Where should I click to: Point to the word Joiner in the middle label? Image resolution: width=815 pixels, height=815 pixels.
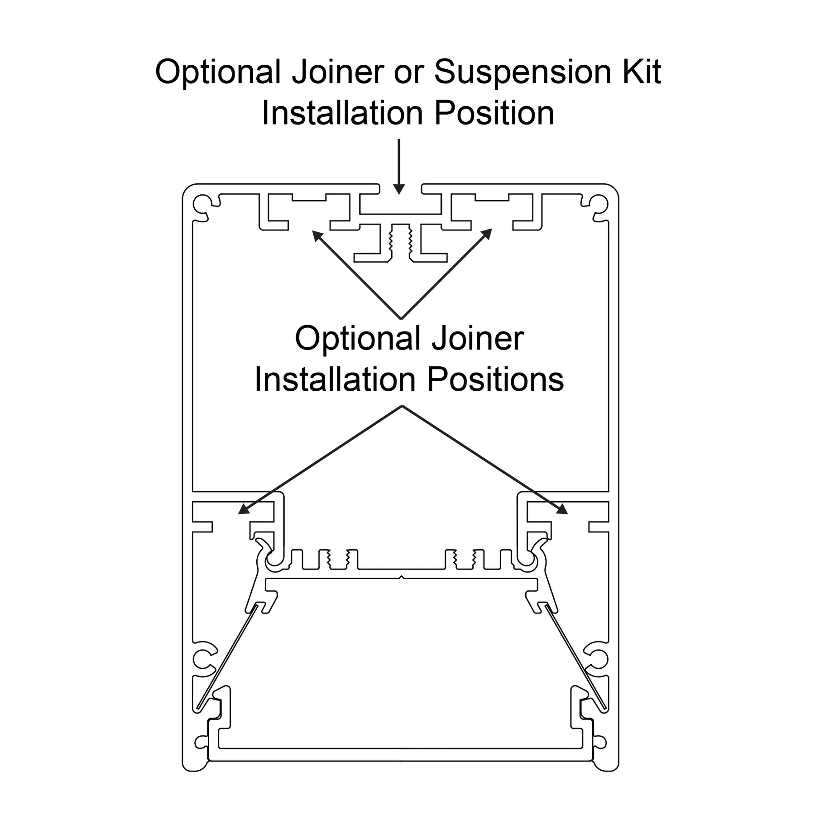pos(478,338)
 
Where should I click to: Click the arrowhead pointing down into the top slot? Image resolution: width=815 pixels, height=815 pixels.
pos(398,189)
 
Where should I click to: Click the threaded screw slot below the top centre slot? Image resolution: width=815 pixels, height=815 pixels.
pos(400,242)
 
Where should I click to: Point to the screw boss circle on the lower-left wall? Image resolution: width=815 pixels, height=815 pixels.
pos(201,657)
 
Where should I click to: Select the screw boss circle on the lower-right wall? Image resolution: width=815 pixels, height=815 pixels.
pos(599,657)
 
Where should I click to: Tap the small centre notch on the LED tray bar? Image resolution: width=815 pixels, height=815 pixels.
pos(401,577)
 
